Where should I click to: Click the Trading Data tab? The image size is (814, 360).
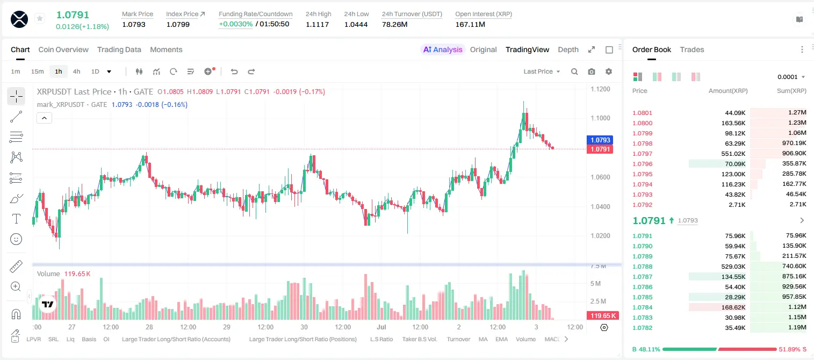click(119, 49)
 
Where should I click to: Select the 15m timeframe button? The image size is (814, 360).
click(37, 71)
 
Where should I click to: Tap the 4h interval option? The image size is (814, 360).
click(76, 71)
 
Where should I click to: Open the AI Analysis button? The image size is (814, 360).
click(443, 49)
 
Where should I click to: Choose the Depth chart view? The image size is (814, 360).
click(568, 49)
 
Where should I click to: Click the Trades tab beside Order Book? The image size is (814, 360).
click(692, 49)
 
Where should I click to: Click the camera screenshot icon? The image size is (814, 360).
click(592, 71)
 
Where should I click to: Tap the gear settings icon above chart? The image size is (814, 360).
click(609, 71)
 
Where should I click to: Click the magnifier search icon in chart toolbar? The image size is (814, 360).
click(574, 71)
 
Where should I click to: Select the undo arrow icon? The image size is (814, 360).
click(234, 71)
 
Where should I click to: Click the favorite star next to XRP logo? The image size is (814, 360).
click(40, 18)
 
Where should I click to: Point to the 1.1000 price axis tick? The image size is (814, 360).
click(600, 118)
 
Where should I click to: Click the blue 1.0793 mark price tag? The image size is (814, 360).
click(600, 140)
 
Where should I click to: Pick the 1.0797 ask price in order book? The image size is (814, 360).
click(643, 154)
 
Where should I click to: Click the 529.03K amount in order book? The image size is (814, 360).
click(733, 267)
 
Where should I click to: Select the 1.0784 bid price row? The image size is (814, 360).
click(643, 307)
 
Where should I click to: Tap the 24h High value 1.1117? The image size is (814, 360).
click(317, 24)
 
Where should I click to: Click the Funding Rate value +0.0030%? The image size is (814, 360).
click(235, 24)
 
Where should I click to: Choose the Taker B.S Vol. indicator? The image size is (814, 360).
click(419, 339)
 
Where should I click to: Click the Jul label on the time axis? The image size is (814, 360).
click(381, 327)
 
